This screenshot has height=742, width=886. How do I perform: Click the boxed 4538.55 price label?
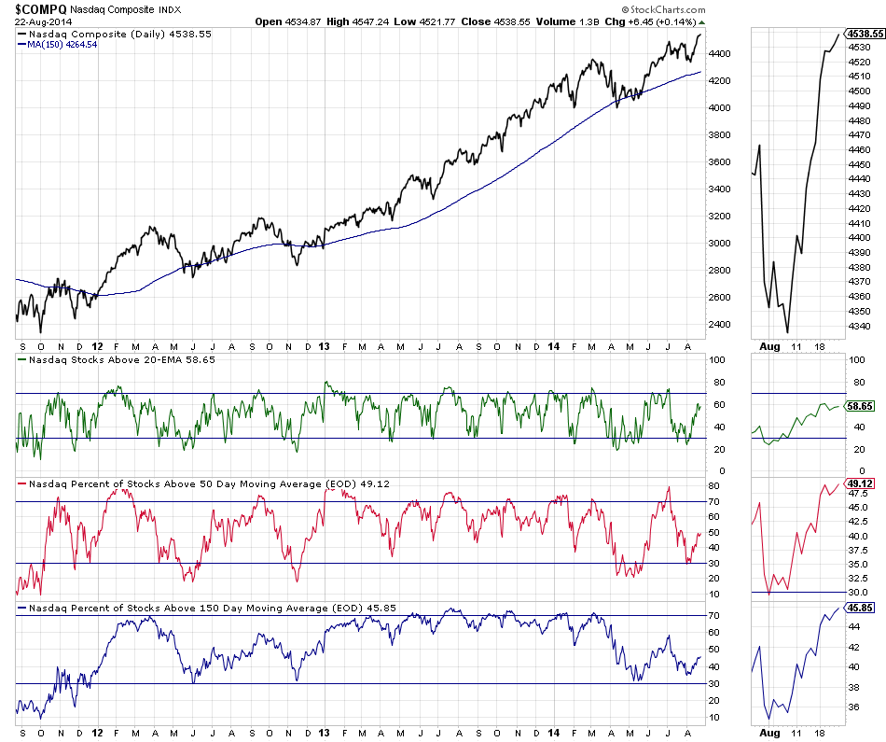pos(865,32)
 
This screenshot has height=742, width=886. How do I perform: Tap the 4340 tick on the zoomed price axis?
pos(860,326)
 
